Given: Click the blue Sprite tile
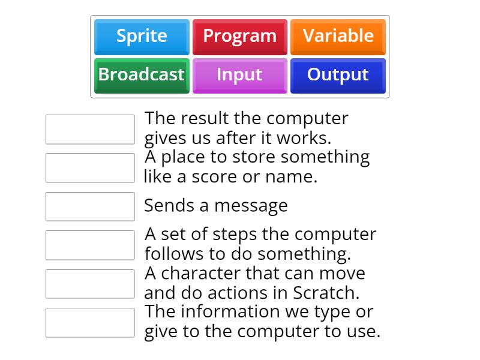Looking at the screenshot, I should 142,36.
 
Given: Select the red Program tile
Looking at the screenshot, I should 239,36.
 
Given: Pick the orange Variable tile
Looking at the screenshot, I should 338,36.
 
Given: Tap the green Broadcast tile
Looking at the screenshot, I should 142,75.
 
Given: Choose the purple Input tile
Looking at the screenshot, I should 239,75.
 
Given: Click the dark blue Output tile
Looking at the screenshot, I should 338,75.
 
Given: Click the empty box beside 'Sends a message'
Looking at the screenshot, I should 90,206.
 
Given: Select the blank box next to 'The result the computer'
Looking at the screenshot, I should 90,130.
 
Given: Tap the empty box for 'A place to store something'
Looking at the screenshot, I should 90,168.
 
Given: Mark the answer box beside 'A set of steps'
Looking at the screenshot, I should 90,245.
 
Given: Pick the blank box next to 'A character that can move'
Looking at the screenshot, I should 90,284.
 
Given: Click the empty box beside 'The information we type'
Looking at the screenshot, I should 90,323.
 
